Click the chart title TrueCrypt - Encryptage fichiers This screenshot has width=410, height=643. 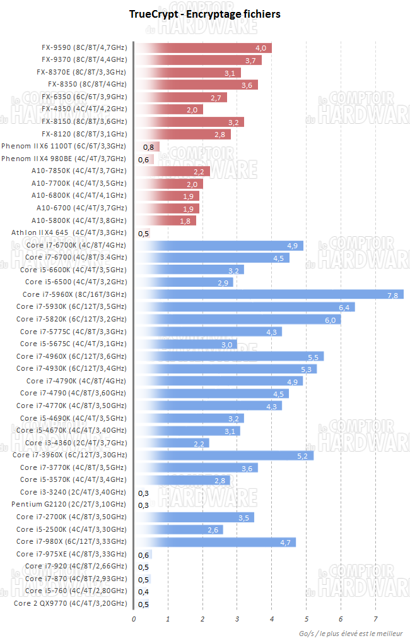point(205,14)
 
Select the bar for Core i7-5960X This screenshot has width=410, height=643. point(269,294)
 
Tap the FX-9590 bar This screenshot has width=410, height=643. point(203,48)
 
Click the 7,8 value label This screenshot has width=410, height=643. point(392,294)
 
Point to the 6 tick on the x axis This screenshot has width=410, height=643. point(341,619)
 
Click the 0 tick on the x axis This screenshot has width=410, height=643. point(134,619)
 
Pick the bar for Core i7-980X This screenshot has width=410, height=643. point(215,542)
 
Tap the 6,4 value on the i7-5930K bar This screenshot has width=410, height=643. point(344,307)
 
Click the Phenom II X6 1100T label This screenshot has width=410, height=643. point(64,147)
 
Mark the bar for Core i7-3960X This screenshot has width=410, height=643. point(224,455)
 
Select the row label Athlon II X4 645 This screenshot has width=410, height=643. point(69,233)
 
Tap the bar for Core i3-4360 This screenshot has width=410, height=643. point(172,443)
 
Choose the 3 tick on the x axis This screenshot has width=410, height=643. point(237,619)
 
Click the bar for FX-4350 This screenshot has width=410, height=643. point(168,109)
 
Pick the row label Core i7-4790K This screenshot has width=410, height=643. point(76,381)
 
